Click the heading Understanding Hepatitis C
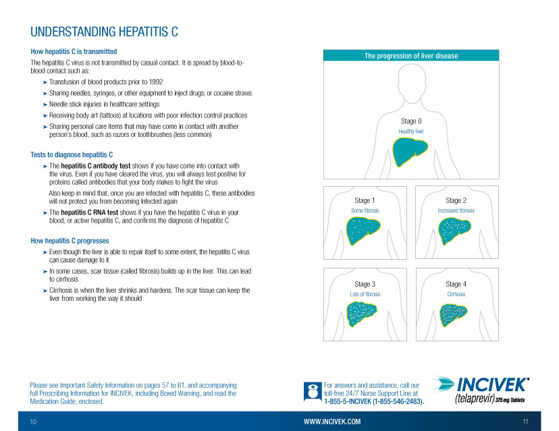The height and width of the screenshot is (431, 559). [x=104, y=32]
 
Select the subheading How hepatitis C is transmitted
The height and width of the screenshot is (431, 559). [x=74, y=52]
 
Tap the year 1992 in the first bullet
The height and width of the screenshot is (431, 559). [x=156, y=82]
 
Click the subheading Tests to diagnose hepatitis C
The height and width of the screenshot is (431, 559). [x=72, y=154]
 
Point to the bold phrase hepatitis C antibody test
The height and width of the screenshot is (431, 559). [x=96, y=166]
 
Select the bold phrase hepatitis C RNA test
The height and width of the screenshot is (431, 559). [x=90, y=212]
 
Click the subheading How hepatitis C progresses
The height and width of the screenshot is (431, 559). [x=70, y=241]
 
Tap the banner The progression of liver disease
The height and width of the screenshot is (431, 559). [x=411, y=55]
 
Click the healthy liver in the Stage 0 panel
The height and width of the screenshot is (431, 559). [x=410, y=151]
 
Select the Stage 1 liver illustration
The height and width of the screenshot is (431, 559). [x=363, y=231]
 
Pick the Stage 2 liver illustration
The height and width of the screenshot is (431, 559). [x=454, y=231]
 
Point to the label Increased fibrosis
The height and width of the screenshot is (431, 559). [x=456, y=210]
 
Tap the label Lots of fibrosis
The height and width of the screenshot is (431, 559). [x=365, y=294]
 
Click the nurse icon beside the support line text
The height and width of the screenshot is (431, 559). [x=313, y=391]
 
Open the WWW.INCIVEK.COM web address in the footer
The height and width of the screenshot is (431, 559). [x=332, y=422]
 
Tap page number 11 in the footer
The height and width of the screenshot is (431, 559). [x=525, y=422]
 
